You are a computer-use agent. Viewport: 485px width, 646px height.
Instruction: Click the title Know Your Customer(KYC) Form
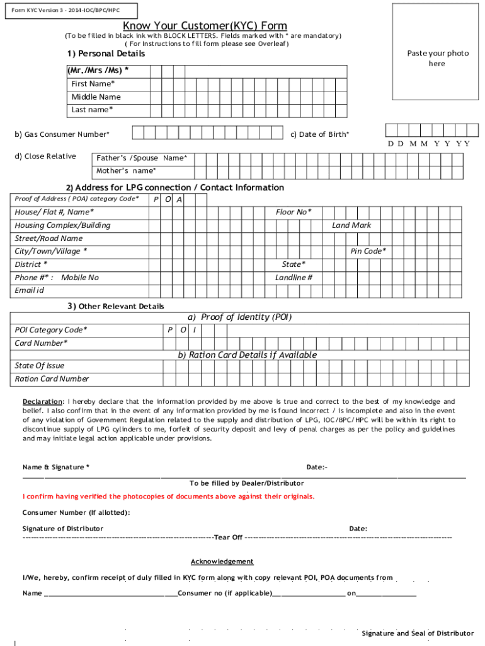pyautogui.click(x=205, y=26)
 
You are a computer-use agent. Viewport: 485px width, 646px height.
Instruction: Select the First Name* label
pyautogui.click(x=93, y=84)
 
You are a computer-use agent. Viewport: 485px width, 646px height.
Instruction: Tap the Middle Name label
pyautogui.click(x=96, y=97)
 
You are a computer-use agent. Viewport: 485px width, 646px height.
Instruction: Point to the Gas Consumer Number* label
pyautogui.click(x=62, y=134)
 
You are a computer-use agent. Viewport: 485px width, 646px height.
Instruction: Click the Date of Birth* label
pyautogui.click(x=319, y=134)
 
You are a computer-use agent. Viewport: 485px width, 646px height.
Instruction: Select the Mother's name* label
pyautogui.click(x=126, y=171)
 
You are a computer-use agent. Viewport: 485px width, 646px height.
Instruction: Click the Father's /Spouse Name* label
pyautogui.click(x=141, y=158)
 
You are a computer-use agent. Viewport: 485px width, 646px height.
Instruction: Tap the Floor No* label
pyautogui.click(x=294, y=212)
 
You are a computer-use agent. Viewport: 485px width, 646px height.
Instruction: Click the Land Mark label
pyautogui.click(x=351, y=225)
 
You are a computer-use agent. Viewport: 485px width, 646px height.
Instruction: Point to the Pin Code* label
pyautogui.click(x=368, y=251)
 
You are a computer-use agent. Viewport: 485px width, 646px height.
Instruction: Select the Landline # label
pyautogui.click(x=294, y=278)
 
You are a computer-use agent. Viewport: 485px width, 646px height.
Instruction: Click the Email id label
pyautogui.click(x=30, y=290)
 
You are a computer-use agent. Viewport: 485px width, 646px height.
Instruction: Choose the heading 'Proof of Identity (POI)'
pyautogui.click(x=239, y=317)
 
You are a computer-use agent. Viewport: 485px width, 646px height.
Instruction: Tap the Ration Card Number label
pyautogui.click(x=52, y=379)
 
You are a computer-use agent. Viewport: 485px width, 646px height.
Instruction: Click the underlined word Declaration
pyautogui.click(x=43, y=402)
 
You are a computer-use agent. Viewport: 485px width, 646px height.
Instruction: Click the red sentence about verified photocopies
pyautogui.click(x=168, y=496)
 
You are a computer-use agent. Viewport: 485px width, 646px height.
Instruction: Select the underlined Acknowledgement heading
pyautogui.click(x=222, y=561)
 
